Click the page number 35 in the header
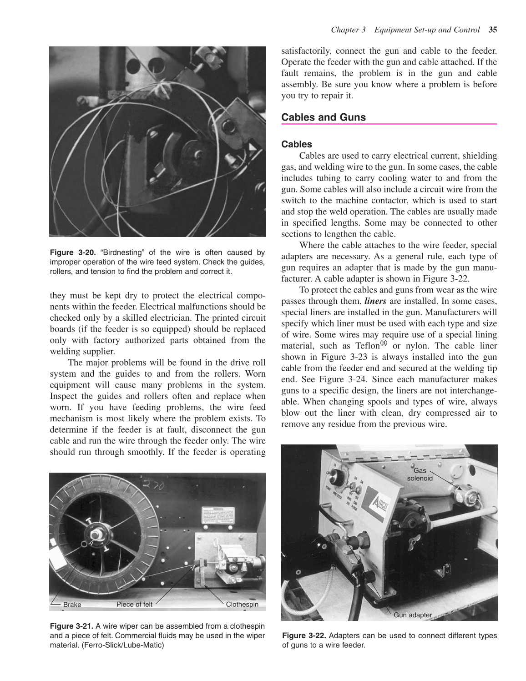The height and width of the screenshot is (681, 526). point(492,30)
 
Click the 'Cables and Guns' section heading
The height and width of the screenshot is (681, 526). point(323,117)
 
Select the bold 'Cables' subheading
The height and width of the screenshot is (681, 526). point(297,144)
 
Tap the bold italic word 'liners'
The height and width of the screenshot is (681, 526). point(375,301)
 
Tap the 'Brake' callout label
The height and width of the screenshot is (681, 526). point(72,605)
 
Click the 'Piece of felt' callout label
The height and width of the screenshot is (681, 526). point(134,604)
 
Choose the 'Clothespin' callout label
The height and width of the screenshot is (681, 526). point(242,604)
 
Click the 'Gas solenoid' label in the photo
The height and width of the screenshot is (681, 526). point(420,474)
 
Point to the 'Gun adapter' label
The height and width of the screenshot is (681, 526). point(413,615)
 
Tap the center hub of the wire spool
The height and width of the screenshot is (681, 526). point(96,532)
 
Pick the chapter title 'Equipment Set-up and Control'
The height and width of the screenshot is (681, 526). point(427,30)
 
